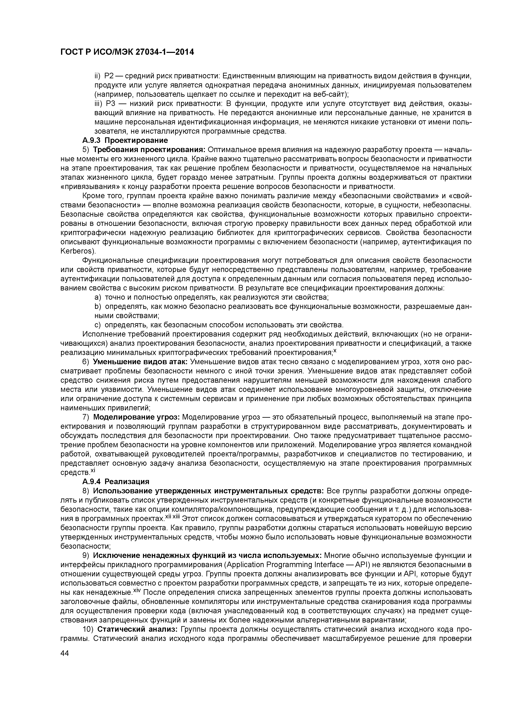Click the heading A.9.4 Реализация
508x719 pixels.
[116, 481]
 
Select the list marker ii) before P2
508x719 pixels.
[98, 76]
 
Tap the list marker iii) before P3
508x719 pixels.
[99, 103]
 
